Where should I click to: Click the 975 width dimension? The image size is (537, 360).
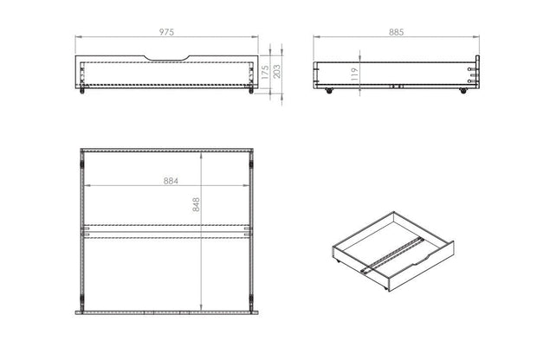click(167, 32)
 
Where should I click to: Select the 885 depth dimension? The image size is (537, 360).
click(396, 32)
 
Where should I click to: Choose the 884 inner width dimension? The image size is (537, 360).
click(166, 182)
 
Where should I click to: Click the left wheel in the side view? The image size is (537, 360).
click(330, 89)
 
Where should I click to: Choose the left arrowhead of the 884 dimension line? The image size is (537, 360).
click(87, 187)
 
